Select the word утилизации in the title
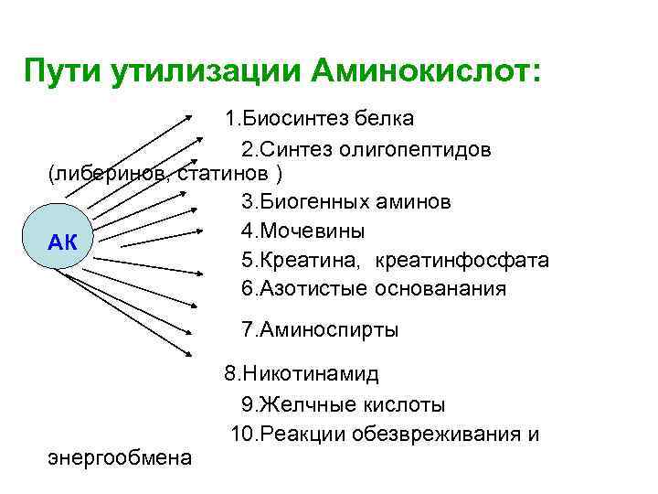(x=207, y=70)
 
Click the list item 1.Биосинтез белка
(x=320, y=118)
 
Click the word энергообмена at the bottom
(x=120, y=456)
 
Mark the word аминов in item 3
(x=411, y=200)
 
